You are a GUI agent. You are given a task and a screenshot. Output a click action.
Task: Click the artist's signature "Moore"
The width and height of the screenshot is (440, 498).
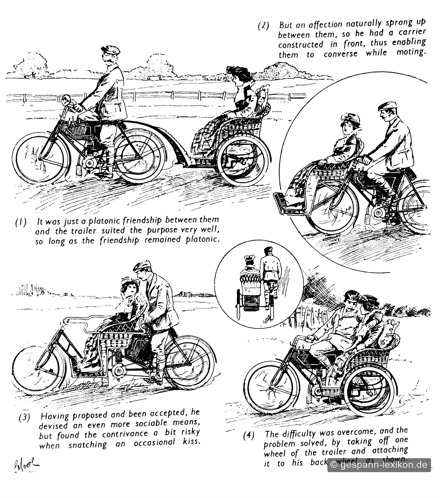(26, 464)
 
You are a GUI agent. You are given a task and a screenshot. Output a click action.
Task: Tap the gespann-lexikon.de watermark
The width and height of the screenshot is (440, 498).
(379, 464)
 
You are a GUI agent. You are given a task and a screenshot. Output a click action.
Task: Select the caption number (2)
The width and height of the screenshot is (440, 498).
(263, 26)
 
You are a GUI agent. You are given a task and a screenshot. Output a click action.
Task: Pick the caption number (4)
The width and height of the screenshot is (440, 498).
(248, 435)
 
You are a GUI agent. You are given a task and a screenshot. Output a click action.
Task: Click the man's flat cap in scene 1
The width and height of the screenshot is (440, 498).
(111, 50)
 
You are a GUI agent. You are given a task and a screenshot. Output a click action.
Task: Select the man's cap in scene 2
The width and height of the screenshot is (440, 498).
(388, 106)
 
